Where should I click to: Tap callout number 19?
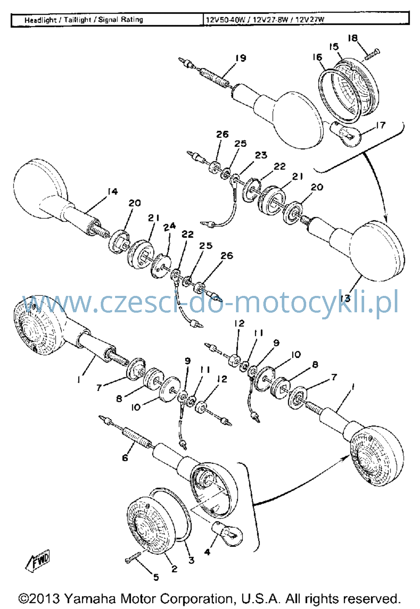pyautogui.click(x=241, y=58)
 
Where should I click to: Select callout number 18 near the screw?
pyautogui.click(x=352, y=38)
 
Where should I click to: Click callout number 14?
pyautogui.click(x=112, y=191)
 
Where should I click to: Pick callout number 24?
pyautogui.click(x=169, y=227)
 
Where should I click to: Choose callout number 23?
pyautogui.click(x=261, y=155)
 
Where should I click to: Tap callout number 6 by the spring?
pyautogui.click(x=125, y=458)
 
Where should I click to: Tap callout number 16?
pyautogui.click(x=317, y=57)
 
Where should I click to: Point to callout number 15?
pyautogui.click(x=333, y=47)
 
